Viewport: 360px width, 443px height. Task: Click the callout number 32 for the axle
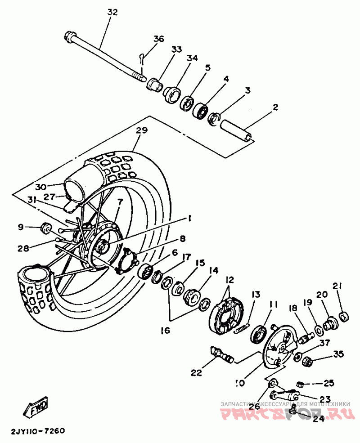pos(112,13)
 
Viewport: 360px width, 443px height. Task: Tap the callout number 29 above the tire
pos(142,131)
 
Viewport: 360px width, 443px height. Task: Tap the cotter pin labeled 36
pos(142,57)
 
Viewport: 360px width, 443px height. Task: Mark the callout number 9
pos(20,228)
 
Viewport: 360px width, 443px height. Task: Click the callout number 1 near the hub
pos(190,219)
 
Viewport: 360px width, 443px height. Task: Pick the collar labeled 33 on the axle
pos(155,84)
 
